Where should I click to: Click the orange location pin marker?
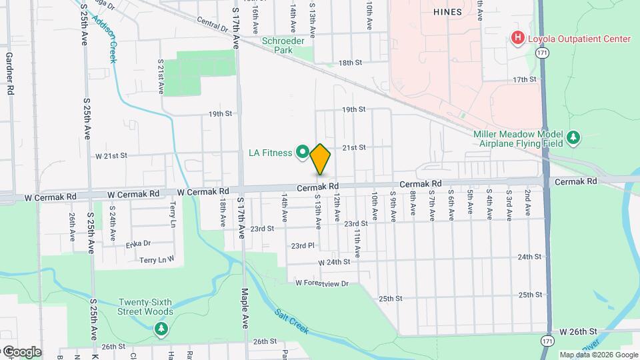pos(320,159)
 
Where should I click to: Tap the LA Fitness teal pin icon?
pos(302,153)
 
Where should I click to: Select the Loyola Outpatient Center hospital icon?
pos(517,39)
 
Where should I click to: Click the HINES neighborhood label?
pos(447,12)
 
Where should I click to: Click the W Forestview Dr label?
pos(323,283)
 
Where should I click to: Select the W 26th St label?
pos(577,331)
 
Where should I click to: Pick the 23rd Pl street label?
pos(302,245)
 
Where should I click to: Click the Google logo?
pos(21,351)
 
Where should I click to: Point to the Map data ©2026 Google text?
pos(598,355)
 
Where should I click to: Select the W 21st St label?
pos(111,156)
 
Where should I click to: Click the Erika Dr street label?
pos(139,243)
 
